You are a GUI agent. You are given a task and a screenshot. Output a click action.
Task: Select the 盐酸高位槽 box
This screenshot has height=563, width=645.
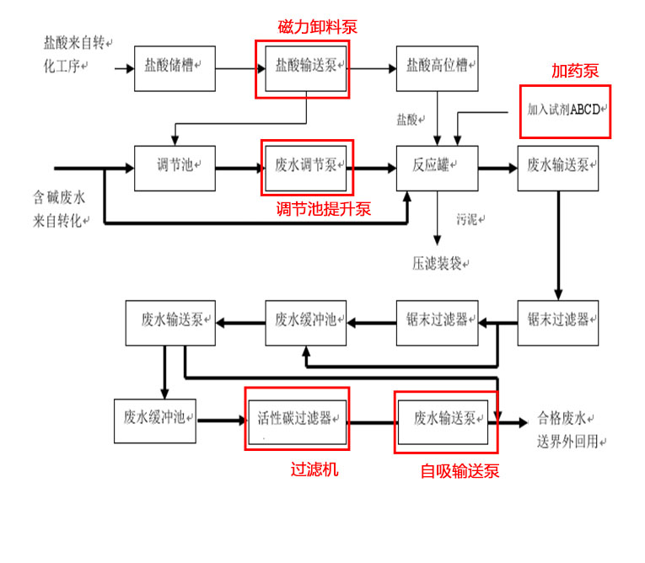[x=438, y=67]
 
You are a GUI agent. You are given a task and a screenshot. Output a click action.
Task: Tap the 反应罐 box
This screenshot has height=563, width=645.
[x=438, y=167]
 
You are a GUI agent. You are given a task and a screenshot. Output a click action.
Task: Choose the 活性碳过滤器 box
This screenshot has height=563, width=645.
[x=297, y=418]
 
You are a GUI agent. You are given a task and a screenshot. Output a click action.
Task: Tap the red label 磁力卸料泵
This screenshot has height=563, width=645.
[x=318, y=27]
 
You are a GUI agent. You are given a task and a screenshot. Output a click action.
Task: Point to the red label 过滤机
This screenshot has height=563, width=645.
[x=314, y=469]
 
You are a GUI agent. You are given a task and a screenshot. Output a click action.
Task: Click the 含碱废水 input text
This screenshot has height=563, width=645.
[x=60, y=199]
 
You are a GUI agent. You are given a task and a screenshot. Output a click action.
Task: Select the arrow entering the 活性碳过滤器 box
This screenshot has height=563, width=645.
[x=222, y=417]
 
